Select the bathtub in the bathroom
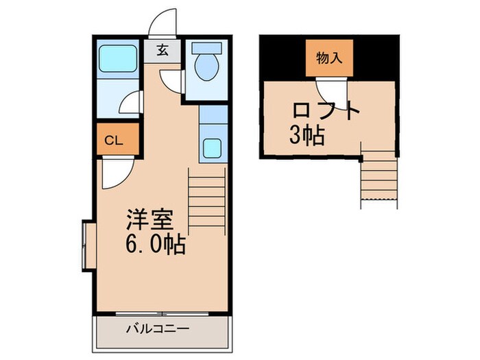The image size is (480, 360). (x=118, y=59)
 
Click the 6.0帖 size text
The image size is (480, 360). (x=155, y=245)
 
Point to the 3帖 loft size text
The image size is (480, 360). (x=306, y=136)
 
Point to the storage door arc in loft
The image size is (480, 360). (x=328, y=91)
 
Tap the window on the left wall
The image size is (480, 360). (x=87, y=245)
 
